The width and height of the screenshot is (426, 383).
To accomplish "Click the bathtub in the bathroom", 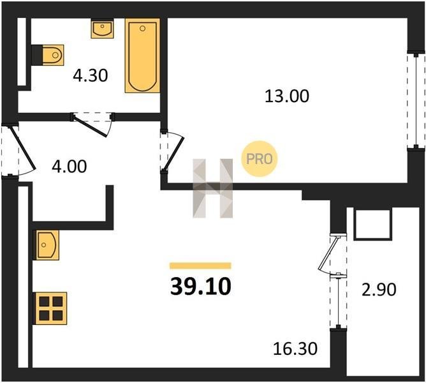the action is tap(142, 56).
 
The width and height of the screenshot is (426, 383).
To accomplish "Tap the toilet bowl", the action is tap(54, 56).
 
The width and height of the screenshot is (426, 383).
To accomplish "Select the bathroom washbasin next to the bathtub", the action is tap(102, 29).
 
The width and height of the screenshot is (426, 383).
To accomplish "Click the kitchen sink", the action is tap(46, 245).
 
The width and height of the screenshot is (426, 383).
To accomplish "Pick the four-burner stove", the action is tap(51, 308).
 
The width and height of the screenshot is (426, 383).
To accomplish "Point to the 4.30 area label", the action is tap(91, 75).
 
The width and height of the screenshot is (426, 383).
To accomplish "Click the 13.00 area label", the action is tap(287, 96).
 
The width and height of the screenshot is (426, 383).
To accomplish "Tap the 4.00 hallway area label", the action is tap(70, 167).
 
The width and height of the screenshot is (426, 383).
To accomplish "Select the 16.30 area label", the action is tap(295, 349).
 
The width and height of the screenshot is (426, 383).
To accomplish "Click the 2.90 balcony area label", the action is tap(379, 289).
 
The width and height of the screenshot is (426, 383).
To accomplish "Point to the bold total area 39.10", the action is tap(201, 287).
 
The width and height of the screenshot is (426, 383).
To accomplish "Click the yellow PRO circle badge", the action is tap(259, 159).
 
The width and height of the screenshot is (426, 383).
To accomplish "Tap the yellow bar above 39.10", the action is tap(200, 266).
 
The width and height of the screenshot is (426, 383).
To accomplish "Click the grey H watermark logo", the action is tap(213, 188).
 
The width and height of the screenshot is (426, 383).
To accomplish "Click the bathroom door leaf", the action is tap(91, 126).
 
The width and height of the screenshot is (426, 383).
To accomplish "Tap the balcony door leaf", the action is tap(328, 252).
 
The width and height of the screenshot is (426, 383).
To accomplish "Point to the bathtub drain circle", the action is tap(142, 28).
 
